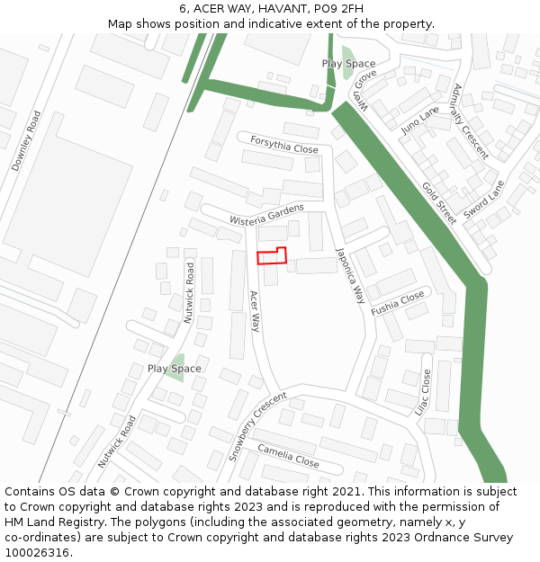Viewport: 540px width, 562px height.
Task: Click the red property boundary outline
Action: (272, 255)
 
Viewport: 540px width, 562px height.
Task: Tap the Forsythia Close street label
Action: (284, 145)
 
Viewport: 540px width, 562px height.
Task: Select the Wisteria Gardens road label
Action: (266, 214)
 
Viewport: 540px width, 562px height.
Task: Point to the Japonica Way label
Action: (350, 275)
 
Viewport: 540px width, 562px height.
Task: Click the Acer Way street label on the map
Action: (255, 311)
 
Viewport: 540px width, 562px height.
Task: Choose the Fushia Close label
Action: (397, 303)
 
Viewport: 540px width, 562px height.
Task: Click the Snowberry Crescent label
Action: (257, 426)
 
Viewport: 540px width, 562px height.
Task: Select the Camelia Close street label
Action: (288, 456)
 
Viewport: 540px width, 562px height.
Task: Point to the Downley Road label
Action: (26, 141)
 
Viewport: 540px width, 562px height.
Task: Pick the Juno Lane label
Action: (419, 119)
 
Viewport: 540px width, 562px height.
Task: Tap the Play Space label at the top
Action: (348, 64)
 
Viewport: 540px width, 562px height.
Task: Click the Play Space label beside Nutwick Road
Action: (175, 369)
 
